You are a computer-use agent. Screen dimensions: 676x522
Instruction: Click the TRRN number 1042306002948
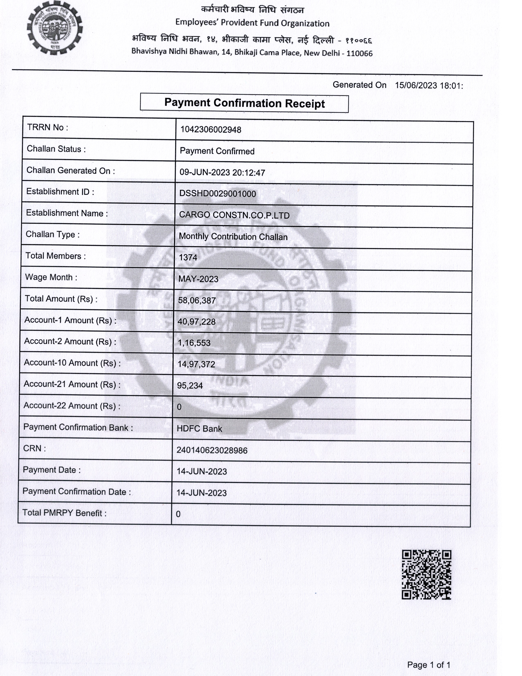211,130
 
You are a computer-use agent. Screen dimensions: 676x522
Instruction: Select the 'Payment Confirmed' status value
217,151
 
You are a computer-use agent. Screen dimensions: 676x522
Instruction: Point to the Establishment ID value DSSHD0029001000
218,194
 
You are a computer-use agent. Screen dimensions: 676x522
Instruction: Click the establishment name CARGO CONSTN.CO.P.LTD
234,215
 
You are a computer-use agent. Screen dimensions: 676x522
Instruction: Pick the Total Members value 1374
188,257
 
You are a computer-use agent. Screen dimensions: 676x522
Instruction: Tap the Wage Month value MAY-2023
198,279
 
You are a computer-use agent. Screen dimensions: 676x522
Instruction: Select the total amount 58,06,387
197,300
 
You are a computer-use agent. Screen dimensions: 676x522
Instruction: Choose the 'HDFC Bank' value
199,429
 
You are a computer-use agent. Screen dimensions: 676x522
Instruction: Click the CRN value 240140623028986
212,450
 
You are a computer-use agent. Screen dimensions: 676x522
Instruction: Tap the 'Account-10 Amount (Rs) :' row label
72,363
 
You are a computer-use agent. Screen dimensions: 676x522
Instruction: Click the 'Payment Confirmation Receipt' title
244,103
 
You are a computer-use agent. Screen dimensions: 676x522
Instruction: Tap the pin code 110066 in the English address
359,53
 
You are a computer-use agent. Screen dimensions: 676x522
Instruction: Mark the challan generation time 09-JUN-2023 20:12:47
222,172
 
